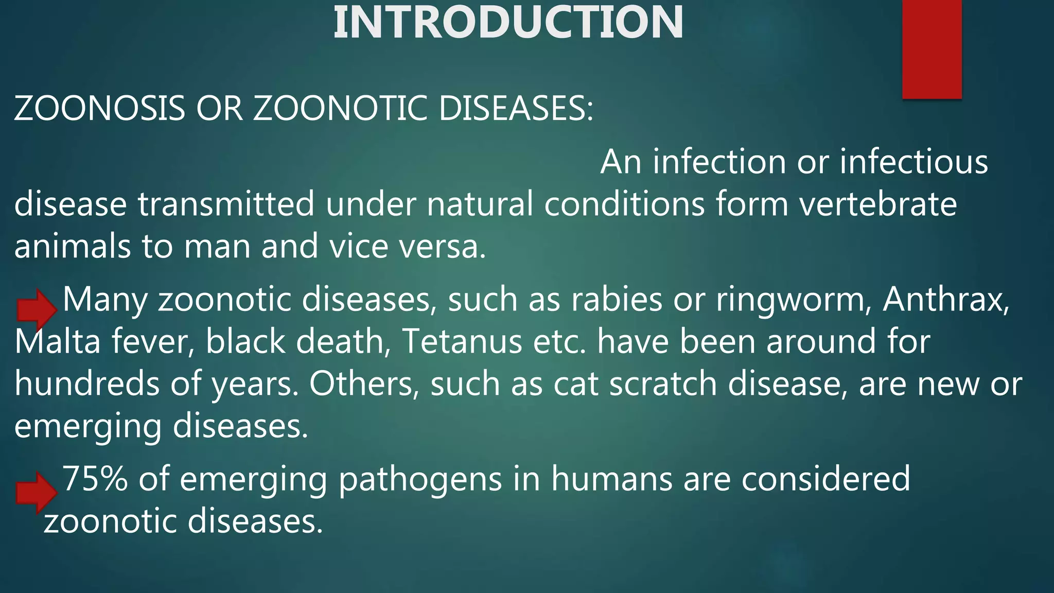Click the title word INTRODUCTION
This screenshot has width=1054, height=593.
pos(508,23)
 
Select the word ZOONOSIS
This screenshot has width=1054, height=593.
pos(99,109)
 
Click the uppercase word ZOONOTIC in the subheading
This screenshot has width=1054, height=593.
pos(340,109)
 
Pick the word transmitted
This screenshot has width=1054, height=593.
pos(226,204)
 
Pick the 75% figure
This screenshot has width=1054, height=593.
pos(95,479)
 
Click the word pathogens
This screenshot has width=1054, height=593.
pos(420,480)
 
